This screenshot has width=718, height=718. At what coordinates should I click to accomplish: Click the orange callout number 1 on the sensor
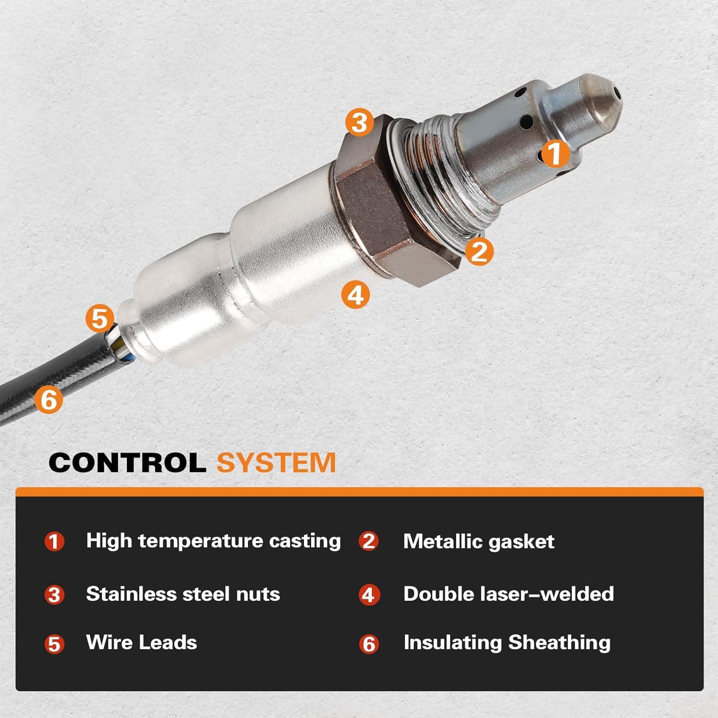tap(555, 153)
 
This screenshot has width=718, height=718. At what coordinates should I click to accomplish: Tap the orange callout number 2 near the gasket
tap(479, 251)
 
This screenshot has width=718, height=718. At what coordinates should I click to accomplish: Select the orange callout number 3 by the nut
tap(359, 122)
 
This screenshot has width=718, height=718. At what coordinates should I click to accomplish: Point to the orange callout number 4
tap(355, 294)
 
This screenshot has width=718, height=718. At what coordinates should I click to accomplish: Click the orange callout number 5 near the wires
tap(100, 318)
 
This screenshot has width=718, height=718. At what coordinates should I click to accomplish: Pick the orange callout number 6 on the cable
tap(49, 399)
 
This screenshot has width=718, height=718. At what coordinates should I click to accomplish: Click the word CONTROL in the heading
tap(127, 463)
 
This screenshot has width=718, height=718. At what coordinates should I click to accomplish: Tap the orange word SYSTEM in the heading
tap(276, 463)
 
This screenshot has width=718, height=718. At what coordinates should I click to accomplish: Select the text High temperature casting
tap(213, 541)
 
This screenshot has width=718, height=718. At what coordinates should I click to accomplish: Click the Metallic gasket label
tap(479, 541)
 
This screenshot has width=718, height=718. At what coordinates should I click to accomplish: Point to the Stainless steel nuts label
tap(183, 594)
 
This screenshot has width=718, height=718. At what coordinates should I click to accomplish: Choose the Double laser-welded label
tap(508, 594)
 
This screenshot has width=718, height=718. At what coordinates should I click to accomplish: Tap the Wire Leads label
tap(141, 642)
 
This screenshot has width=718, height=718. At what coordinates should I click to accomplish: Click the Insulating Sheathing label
tap(507, 642)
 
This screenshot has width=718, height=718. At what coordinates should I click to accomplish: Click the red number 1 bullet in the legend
tap(54, 542)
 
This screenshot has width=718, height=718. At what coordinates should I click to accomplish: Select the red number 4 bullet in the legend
tap(369, 595)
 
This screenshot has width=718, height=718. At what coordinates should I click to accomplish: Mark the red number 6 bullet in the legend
tap(369, 644)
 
